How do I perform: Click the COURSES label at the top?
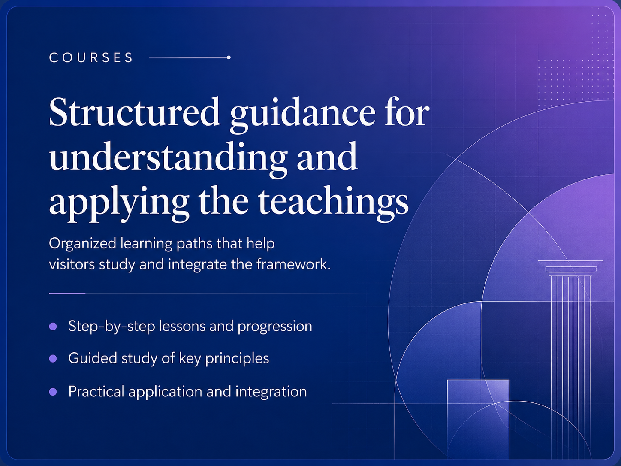pos(91,58)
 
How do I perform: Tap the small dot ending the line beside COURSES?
pos(229,58)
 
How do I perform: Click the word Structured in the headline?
pos(134,112)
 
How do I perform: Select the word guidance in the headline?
pos(303,115)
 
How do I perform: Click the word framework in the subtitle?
pos(293,265)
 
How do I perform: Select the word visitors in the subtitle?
pos(72,265)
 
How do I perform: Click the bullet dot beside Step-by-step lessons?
pos(53,327)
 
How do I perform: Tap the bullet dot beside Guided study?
pos(53,359)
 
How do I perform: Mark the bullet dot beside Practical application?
pos(53,392)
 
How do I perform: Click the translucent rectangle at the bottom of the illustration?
pos(478,419)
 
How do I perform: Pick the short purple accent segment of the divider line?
pos(67,294)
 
